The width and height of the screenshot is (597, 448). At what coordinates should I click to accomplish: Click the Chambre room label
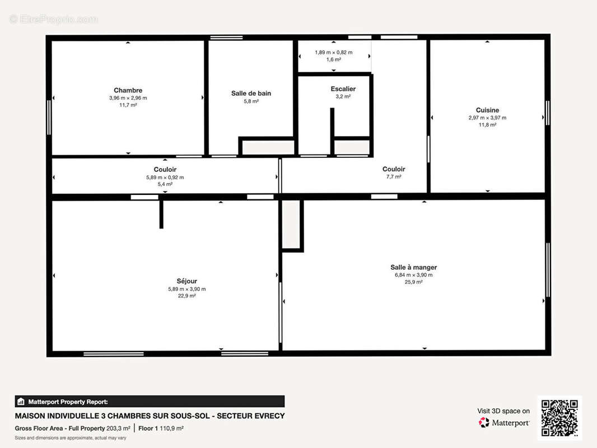click(128, 90)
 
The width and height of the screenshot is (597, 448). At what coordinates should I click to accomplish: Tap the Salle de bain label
click(251, 94)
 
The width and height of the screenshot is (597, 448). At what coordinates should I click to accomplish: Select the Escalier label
click(343, 88)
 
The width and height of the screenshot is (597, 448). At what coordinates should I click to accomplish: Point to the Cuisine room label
click(487, 110)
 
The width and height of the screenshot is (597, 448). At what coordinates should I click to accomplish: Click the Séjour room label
click(187, 281)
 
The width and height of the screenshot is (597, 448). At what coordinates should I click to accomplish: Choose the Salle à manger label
click(413, 267)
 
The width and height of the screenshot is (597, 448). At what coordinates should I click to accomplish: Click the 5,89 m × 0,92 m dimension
click(165, 178)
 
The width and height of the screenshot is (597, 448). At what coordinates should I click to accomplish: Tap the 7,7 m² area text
click(394, 176)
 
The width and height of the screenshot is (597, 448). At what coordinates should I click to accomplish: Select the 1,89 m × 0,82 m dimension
click(334, 53)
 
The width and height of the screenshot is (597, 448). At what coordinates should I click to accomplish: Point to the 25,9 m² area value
click(413, 282)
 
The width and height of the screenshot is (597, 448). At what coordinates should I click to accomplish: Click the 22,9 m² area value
click(187, 296)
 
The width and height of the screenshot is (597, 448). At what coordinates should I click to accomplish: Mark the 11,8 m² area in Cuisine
click(487, 125)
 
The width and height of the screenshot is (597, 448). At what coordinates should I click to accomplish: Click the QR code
click(559, 418)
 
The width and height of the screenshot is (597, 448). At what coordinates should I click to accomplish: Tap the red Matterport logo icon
click(484, 422)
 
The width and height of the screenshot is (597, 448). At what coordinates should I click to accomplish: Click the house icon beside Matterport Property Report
click(21, 402)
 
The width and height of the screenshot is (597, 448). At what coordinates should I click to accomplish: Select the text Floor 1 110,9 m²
click(161, 428)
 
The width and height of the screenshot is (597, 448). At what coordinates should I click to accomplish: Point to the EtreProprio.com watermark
click(54, 19)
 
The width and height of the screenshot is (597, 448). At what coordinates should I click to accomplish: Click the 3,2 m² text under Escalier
click(343, 97)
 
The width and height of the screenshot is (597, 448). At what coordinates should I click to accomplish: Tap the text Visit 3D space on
click(503, 411)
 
